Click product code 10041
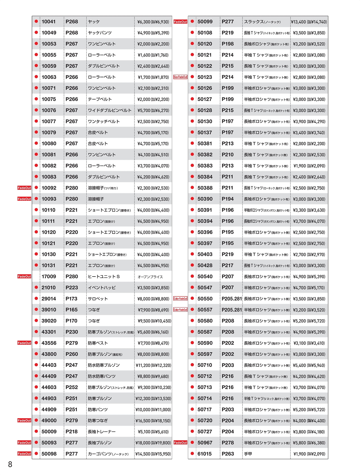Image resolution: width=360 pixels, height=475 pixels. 49,22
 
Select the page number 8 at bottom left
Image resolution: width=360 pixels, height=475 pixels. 10,464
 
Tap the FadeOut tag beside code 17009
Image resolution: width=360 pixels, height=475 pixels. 24,277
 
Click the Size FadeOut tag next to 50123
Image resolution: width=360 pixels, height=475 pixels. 180,77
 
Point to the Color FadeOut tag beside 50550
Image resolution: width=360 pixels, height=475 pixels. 180,299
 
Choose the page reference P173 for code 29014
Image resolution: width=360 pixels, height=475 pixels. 71,299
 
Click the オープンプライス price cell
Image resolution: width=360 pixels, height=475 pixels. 150,277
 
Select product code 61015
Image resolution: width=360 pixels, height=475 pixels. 204,454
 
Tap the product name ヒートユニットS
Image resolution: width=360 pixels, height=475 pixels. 104,277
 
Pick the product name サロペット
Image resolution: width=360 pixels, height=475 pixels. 98,299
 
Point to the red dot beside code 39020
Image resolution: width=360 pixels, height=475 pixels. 36,321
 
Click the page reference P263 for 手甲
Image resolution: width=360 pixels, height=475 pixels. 228,454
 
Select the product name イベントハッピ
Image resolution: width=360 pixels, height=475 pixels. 102,288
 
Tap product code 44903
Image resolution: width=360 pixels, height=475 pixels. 49,399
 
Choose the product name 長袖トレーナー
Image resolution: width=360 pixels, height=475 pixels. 102,432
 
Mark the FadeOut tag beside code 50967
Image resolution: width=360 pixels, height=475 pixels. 180,443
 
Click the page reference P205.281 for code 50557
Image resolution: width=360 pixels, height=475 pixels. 232,310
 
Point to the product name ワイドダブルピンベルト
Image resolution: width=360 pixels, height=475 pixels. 110,110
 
